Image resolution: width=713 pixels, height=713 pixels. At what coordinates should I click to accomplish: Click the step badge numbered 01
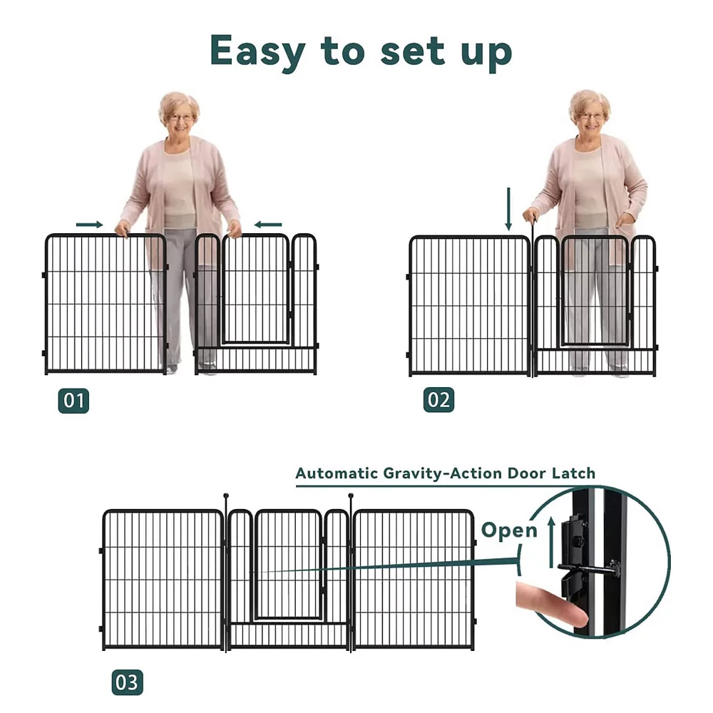point(73,401)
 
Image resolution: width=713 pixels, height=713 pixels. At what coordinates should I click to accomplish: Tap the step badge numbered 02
point(438,400)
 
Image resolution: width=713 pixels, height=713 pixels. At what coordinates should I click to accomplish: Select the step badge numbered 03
point(128,682)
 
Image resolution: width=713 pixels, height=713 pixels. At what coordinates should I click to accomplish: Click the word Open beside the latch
point(509,530)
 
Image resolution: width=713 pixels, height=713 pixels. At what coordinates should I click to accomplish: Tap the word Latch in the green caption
point(573,473)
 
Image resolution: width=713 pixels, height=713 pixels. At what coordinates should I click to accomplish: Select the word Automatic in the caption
point(337,473)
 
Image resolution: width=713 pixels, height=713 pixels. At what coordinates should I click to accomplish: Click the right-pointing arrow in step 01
point(90,225)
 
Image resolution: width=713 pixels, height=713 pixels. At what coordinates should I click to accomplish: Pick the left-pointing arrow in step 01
point(268,224)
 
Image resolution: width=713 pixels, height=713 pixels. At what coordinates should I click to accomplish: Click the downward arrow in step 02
point(508,209)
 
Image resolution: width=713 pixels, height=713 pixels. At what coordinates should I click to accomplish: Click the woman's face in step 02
point(590,116)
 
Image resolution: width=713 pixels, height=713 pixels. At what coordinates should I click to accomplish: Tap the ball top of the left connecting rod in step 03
point(226,496)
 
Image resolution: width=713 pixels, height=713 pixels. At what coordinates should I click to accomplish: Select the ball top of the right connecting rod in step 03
point(351,496)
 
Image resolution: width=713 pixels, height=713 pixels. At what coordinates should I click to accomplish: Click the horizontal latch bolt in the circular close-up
point(588,568)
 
